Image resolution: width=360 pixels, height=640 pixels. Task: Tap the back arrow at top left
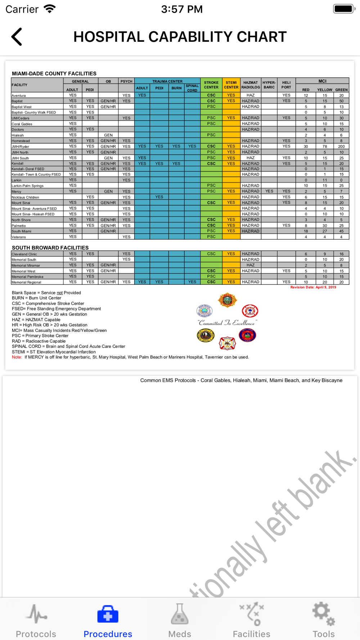pyautogui.click(x=17, y=37)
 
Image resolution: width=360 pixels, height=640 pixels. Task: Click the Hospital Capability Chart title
pyautogui.click(x=180, y=37)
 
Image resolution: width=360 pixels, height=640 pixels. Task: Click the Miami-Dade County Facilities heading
pyautogui.click(x=54, y=73)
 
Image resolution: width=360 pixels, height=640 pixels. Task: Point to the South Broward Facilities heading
pyautogui.click(x=50, y=248)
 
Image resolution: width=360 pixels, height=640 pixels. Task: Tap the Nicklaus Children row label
pyautogui.click(x=25, y=197)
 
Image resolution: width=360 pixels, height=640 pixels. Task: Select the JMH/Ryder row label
pyautogui.click(x=21, y=147)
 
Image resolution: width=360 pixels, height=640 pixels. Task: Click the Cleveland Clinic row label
pyautogui.click(x=24, y=254)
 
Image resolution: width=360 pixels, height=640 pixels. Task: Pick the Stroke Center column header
pyautogui.click(x=211, y=85)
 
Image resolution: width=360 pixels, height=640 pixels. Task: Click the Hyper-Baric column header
pyautogui.click(x=269, y=85)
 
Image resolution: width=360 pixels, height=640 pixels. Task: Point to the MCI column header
pyautogui.click(x=322, y=81)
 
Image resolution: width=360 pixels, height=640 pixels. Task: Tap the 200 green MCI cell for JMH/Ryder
pyautogui.click(x=341, y=147)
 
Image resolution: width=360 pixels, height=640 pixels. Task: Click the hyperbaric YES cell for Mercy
pyautogui.click(x=269, y=191)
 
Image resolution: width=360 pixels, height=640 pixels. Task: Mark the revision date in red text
pyautogui.click(x=313, y=287)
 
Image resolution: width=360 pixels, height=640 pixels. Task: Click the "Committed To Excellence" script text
pyautogui.click(x=227, y=323)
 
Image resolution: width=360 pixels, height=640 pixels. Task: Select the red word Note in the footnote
pyautogui.click(x=17, y=357)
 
